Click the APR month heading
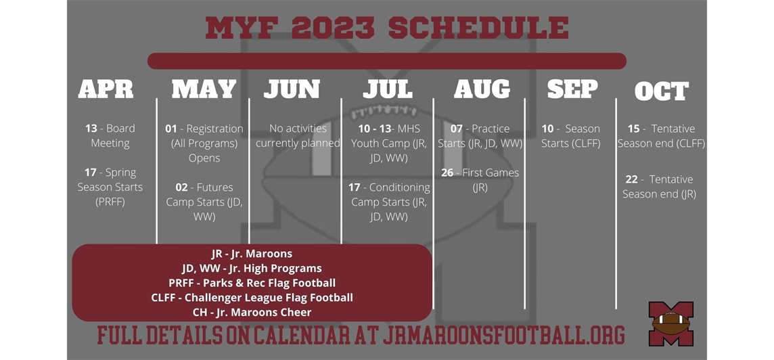pyautogui.click(x=106, y=89)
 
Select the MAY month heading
pyautogui.click(x=204, y=89)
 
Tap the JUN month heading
pyautogui.click(x=292, y=89)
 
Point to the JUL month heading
pyautogui.click(x=388, y=89)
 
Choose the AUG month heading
pyautogui.click(x=482, y=89)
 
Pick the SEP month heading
pyautogui.click(x=572, y=89)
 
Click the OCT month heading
pyautogui.click(x=662, y=91)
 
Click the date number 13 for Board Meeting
pyautogui.click(x=91, y=129)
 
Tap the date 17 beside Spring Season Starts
pyautogui.click(x=90, y=173)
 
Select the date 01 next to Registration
pyautogui.click(x=171, y=129)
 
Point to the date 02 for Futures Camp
pyautogui.click(x=181, y=187)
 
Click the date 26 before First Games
pyautogui.click(x=447, y=173)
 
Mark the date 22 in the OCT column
pyautogui.click(x=631, y=179)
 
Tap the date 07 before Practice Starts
pyautogui.click(x=457, y=129)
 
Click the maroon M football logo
pyautogui.click(x=670, y=323)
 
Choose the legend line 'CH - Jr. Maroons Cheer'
pyautogui.click(x=252, y=312)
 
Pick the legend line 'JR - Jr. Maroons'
pyautogui.click(x=252, y=254)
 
